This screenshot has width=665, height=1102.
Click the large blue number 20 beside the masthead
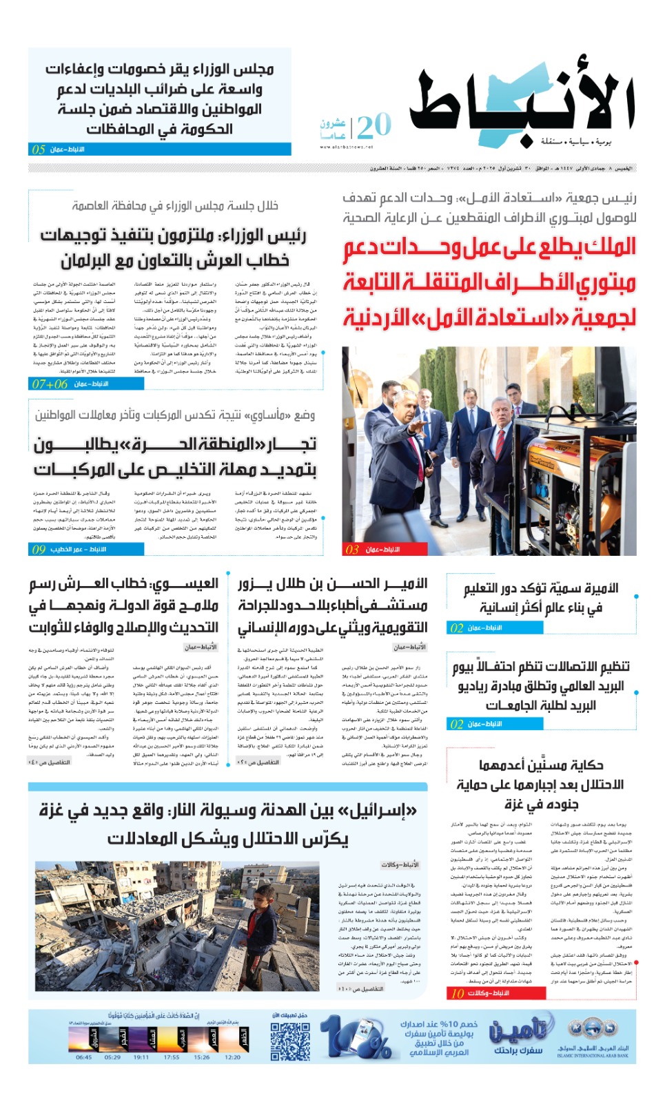pyautogui.click(x=374, y=126)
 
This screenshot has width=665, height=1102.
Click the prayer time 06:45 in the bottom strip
pyautogui.click(x=83, y=1057)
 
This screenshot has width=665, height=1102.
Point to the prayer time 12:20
pyautogui.click(x=233, y=1057)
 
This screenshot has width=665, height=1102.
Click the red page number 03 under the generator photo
pyautogui.click(x=352, y=550)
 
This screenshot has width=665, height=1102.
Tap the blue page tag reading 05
pyautogui.click(x=39, y=149)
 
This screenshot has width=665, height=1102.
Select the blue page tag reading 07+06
pyautogui.click(x=50, y=384)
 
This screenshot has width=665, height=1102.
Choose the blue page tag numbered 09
pyautogui.click(x=39, y=550)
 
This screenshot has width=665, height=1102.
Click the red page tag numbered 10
pyautogui.click(x=458, y=993)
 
